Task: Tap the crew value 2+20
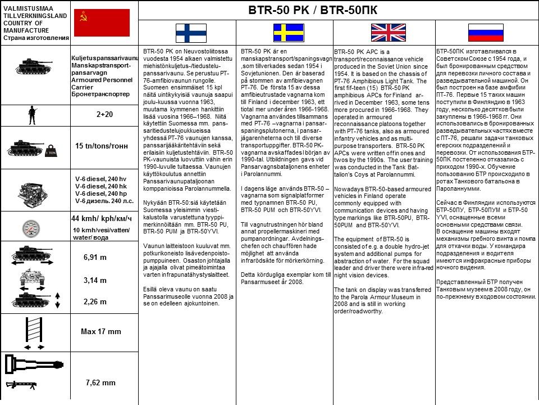point(105,114)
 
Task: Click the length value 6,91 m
point(95,257)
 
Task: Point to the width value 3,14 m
point(95,280)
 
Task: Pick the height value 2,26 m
point(95,301)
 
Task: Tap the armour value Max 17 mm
point(101,331)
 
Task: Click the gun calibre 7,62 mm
point(101,382)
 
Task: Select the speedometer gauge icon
point(34,228)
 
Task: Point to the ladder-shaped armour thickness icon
point(35,332)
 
